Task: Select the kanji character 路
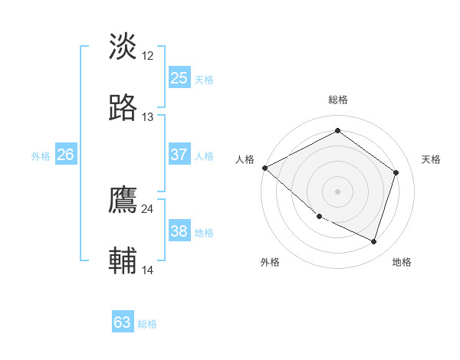(x=123, y=108)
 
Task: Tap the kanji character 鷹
(x=123, y=201)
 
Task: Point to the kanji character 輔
(x=123, y=262)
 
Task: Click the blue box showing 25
(x=179, y=78)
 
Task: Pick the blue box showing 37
(x=179, y=155)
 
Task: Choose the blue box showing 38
(x=179, y=231)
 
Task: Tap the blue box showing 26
(x=65, y=155)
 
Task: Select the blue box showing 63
(x=123, y=322)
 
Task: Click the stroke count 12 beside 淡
(x=148, y=55)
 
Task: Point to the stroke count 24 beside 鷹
(x=148, y=208)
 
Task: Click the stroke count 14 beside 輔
(x=148, y=270)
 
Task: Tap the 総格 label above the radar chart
(x=338, y=100)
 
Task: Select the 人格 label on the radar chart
(x=244, y=159)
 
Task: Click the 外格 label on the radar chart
(x=270, y=263)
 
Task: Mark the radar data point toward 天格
(x=396, y=172)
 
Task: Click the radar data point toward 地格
(x=374, y=241)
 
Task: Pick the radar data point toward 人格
(x=264, y=167)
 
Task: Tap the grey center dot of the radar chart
(x=337, y=191)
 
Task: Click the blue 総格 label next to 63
(x=147, y=324)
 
